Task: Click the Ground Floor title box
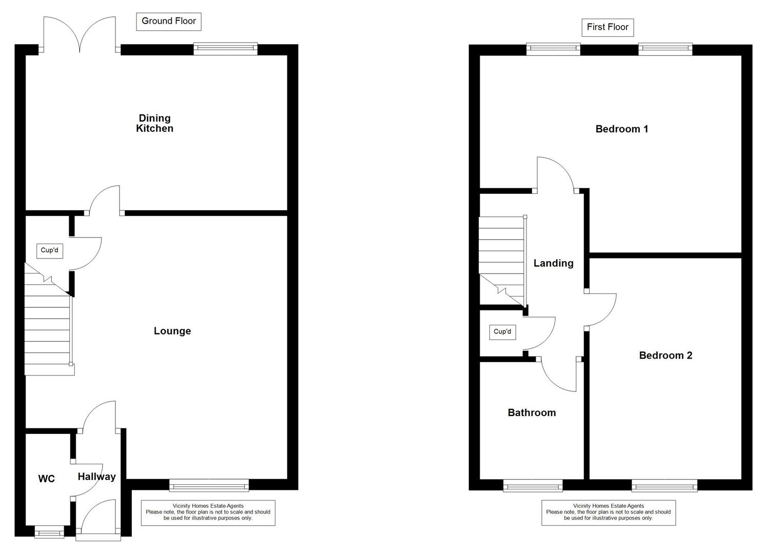(x=168, y=21)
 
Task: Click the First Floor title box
(x=608, y=27)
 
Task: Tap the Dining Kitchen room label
(x=154, y=124)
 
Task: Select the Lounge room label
(x=172, y=331)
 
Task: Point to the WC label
(x=46, y=479)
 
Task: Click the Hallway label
(x=96, y=477)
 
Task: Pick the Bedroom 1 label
(x=621, y=129)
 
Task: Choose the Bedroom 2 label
(x=665, y=355)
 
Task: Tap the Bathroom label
(x=532, y=413)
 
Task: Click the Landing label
(x=553, y=264)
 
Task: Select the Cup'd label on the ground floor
(x=50, y=251)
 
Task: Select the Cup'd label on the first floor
(x=502, y=332)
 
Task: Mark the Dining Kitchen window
(x=225, y=49)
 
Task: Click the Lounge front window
(x=209, y=485)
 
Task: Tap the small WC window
(x=49, y=533)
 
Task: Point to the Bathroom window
(x=533, y=485)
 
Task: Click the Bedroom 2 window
(x=664, y=485)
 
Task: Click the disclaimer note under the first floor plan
(x=608, y=512)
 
